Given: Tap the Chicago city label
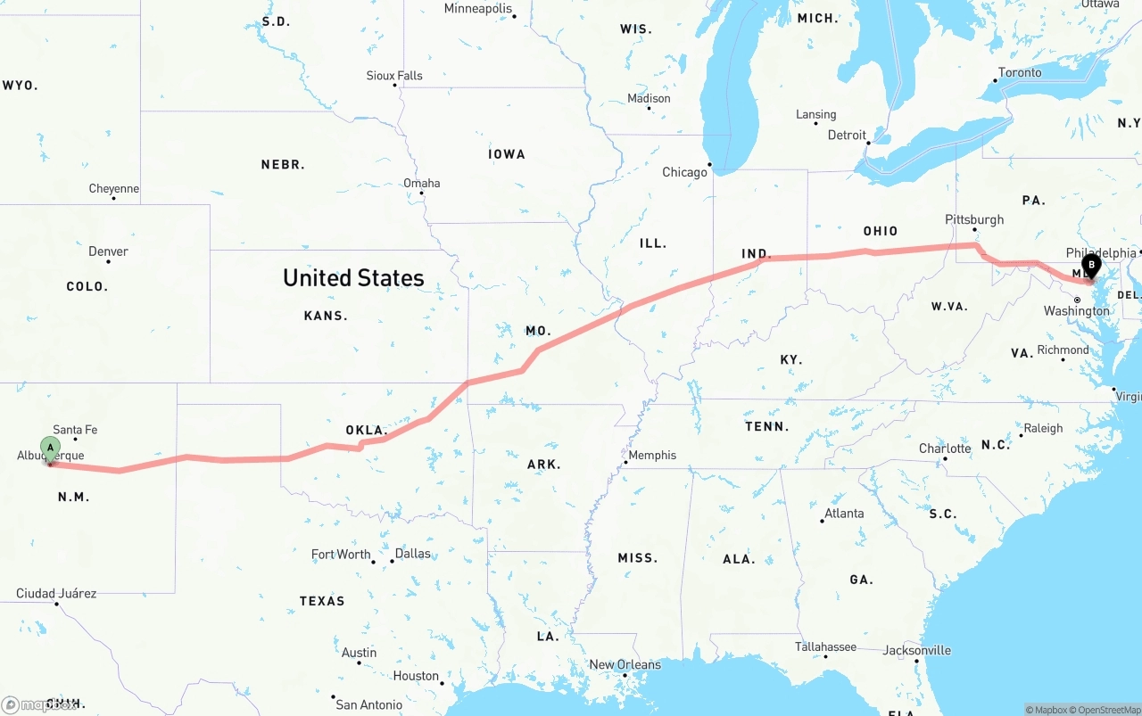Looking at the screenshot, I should point(684,172).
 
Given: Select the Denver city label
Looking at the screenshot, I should point(108,251).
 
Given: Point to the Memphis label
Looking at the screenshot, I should point(652,455).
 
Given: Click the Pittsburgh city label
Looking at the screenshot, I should point(974,219).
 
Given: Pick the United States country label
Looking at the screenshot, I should point(353,278).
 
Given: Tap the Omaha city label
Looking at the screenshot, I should point(422,183).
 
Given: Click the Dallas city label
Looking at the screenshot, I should point(412,554).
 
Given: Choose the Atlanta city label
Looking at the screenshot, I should point(844,513).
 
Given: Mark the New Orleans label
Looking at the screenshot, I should point(625,664).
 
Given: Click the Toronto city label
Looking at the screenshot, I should point(1020,72).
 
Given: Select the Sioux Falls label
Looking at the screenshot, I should point(394,76).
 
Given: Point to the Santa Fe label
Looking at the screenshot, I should point(75,430).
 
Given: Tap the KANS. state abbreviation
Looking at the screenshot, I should point(326,316).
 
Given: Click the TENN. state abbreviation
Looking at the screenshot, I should point(767,426).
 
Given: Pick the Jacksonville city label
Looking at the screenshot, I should point(916,650).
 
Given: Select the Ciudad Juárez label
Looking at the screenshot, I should point(56,593).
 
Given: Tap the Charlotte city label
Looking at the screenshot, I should point(945,449).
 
